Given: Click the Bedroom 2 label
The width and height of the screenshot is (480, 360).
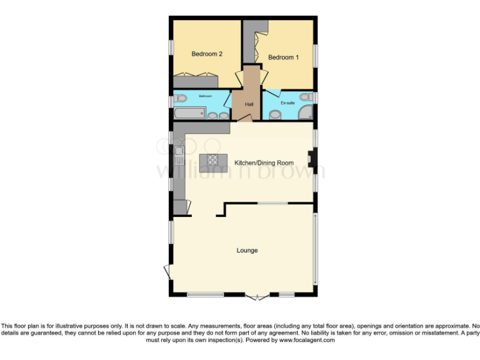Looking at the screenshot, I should tap(207, 54).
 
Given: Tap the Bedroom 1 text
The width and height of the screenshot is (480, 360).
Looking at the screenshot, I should tap(283, 57).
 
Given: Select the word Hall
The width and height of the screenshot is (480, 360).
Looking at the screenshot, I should tap(248, 104).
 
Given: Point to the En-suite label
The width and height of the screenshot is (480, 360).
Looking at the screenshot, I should tap(287, 102).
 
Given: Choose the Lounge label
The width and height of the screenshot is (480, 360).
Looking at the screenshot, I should tap(247, 251).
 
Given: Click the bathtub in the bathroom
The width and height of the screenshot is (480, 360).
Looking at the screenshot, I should tap(189, 113).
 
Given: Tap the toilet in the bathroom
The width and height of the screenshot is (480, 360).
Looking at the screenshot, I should tap(180, 97).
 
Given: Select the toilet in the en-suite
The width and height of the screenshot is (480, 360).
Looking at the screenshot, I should tap(306, 97).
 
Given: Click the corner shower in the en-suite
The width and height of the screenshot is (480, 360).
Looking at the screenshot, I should tap(306, 112).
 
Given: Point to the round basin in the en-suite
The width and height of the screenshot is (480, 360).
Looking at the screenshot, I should tap(274, 114).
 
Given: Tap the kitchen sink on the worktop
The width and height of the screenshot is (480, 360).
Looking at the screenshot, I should tap(179, 151).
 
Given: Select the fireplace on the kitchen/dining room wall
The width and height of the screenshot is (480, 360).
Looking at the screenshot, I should tap(311, 162).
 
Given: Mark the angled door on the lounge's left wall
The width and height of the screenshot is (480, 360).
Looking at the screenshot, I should tap(167, 272).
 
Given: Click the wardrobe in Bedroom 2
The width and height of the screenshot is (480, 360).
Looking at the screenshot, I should tap(196, 80).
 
